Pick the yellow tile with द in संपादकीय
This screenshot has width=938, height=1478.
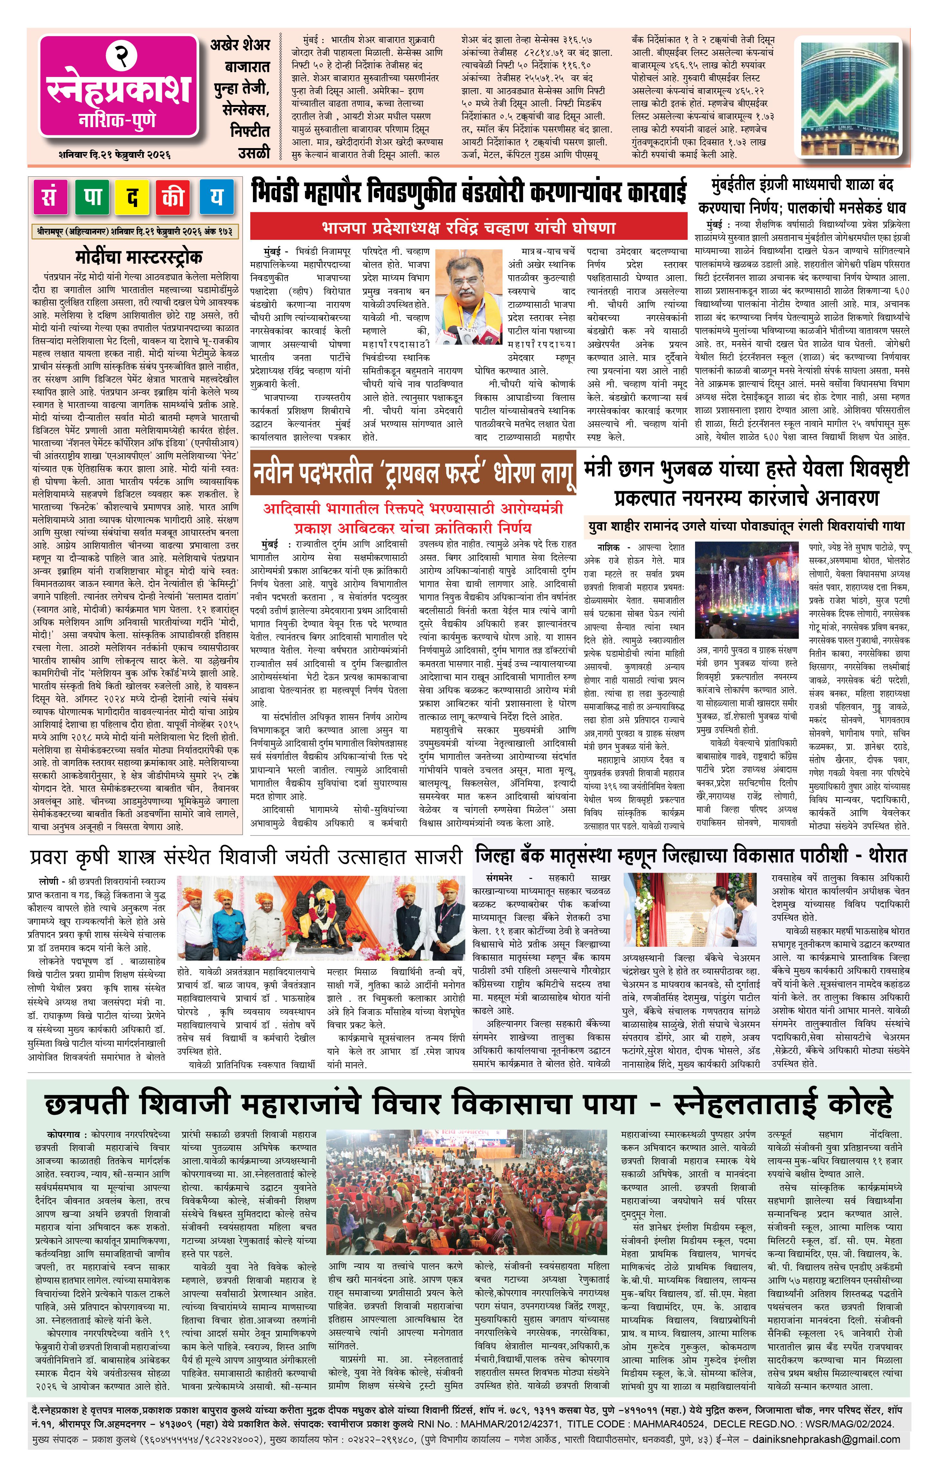click(x=133, y=197)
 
